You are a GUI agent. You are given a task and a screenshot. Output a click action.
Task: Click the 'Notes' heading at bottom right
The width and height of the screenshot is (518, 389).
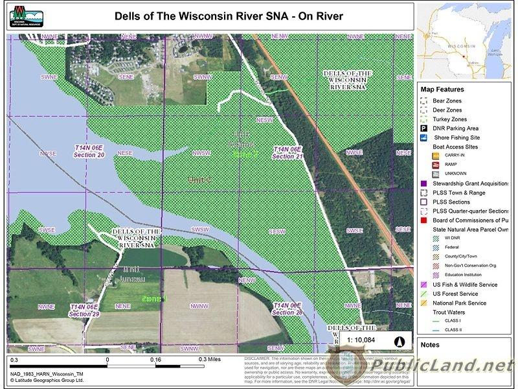click(x=431, y=345)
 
